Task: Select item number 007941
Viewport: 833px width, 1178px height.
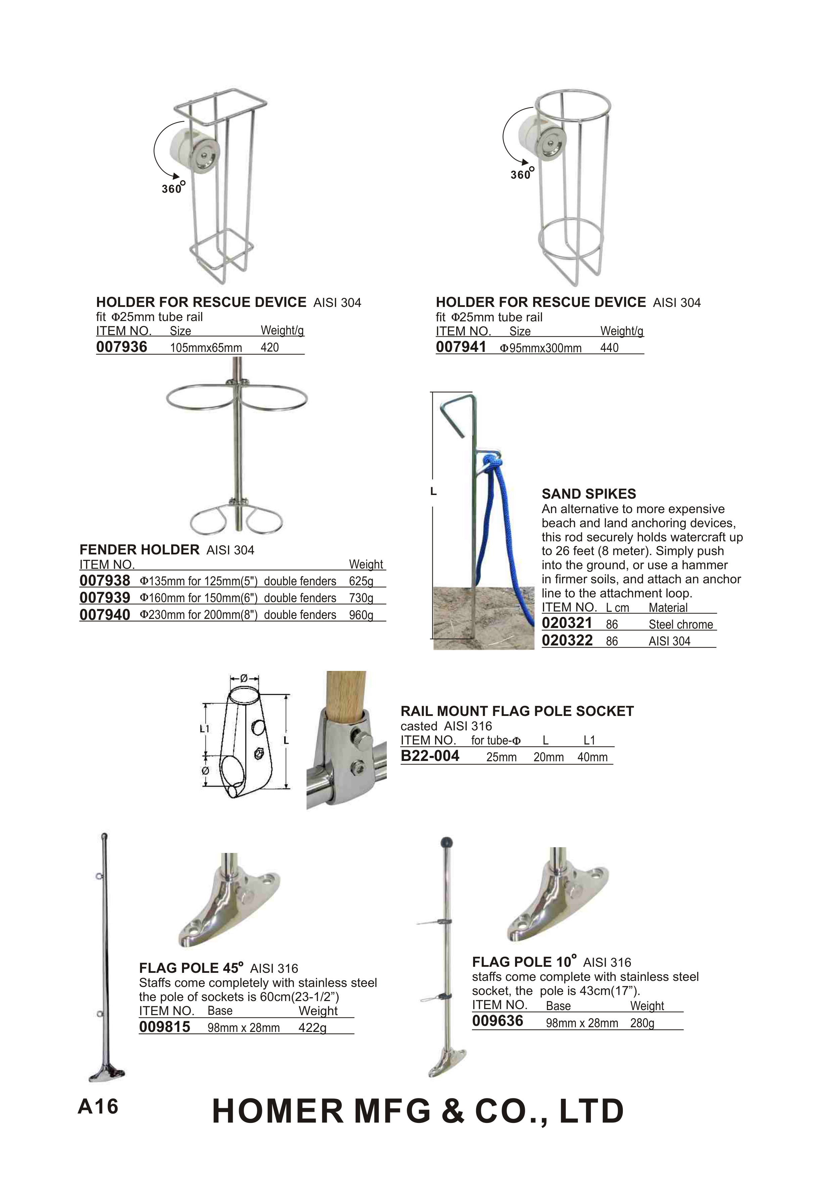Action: coord(461,347)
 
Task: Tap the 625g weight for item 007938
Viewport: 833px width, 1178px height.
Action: coord(361,581)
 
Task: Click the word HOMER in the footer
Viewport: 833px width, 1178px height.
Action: coord(277,1111)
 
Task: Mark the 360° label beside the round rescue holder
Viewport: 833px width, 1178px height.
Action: coord(522,174)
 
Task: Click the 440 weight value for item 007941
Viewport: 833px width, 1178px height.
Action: coord(609,348)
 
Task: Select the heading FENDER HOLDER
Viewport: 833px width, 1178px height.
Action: coord(139,550)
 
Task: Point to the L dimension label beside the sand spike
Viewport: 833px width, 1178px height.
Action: coord(433,492)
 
